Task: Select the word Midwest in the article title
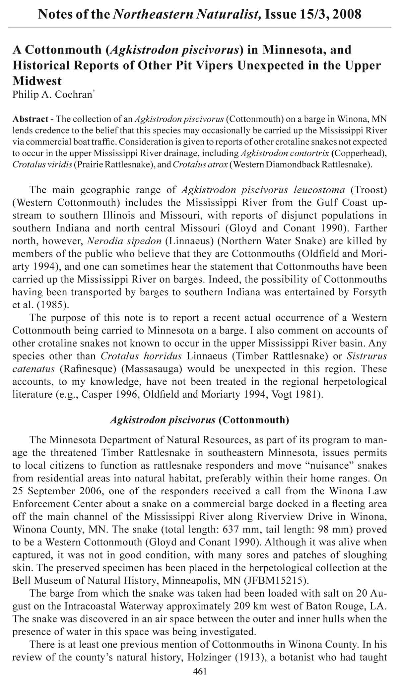(x=37, y=81)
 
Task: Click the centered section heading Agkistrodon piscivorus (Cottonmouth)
(x=199, y=420)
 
